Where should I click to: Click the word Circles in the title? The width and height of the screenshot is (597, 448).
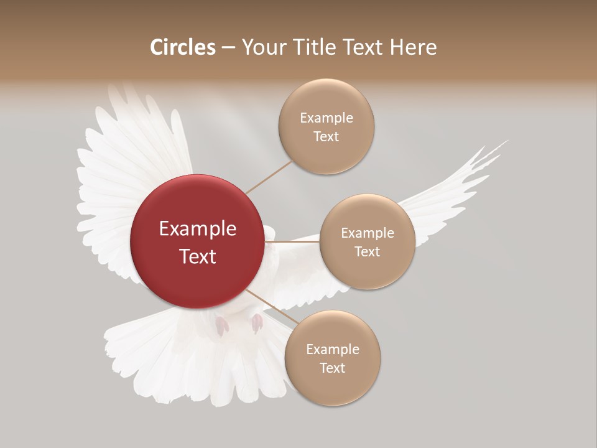(x=183, y=47)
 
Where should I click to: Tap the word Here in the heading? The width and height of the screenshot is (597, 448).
(x=413, y=47)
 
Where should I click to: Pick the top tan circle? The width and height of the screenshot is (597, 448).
(x=326, y=126)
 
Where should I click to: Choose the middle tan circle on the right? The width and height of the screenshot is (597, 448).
(x=367, y=241)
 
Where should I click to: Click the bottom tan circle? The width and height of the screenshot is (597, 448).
(x=332, y=358)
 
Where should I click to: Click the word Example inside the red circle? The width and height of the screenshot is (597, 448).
(x=197, y=229)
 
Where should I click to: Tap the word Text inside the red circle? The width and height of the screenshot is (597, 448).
(x=197, y=256)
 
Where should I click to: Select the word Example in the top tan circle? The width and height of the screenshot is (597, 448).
(x=326, y=118)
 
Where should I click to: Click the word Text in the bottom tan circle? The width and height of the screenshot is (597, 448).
(x=332, y=368)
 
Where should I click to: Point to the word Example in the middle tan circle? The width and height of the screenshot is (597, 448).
(x=367, y=233)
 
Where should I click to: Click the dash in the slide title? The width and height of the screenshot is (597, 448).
(x=228, y=48)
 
